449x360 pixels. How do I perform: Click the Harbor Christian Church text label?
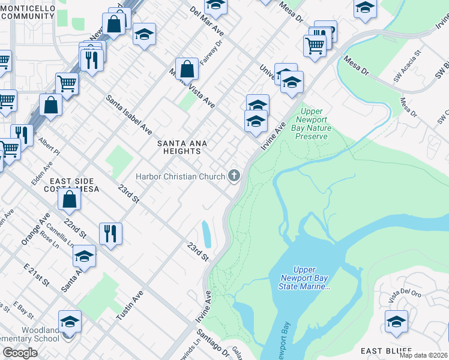pyautogui.click(x=180, y=176)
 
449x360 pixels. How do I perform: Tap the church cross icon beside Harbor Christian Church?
pyautogui.click(x=234, y=176)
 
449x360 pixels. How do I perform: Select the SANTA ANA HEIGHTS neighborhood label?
pyautogui.click(x=182, y=148)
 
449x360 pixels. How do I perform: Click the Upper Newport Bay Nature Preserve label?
pyautogui.click(x=312, y=124)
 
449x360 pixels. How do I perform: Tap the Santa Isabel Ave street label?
pyautogui.click(x=129, y=114)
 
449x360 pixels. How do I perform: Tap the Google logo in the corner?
pyautogui.click(x=20, y=353)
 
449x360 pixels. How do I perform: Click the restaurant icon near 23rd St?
pyautogui.click(x=110, y=233)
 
